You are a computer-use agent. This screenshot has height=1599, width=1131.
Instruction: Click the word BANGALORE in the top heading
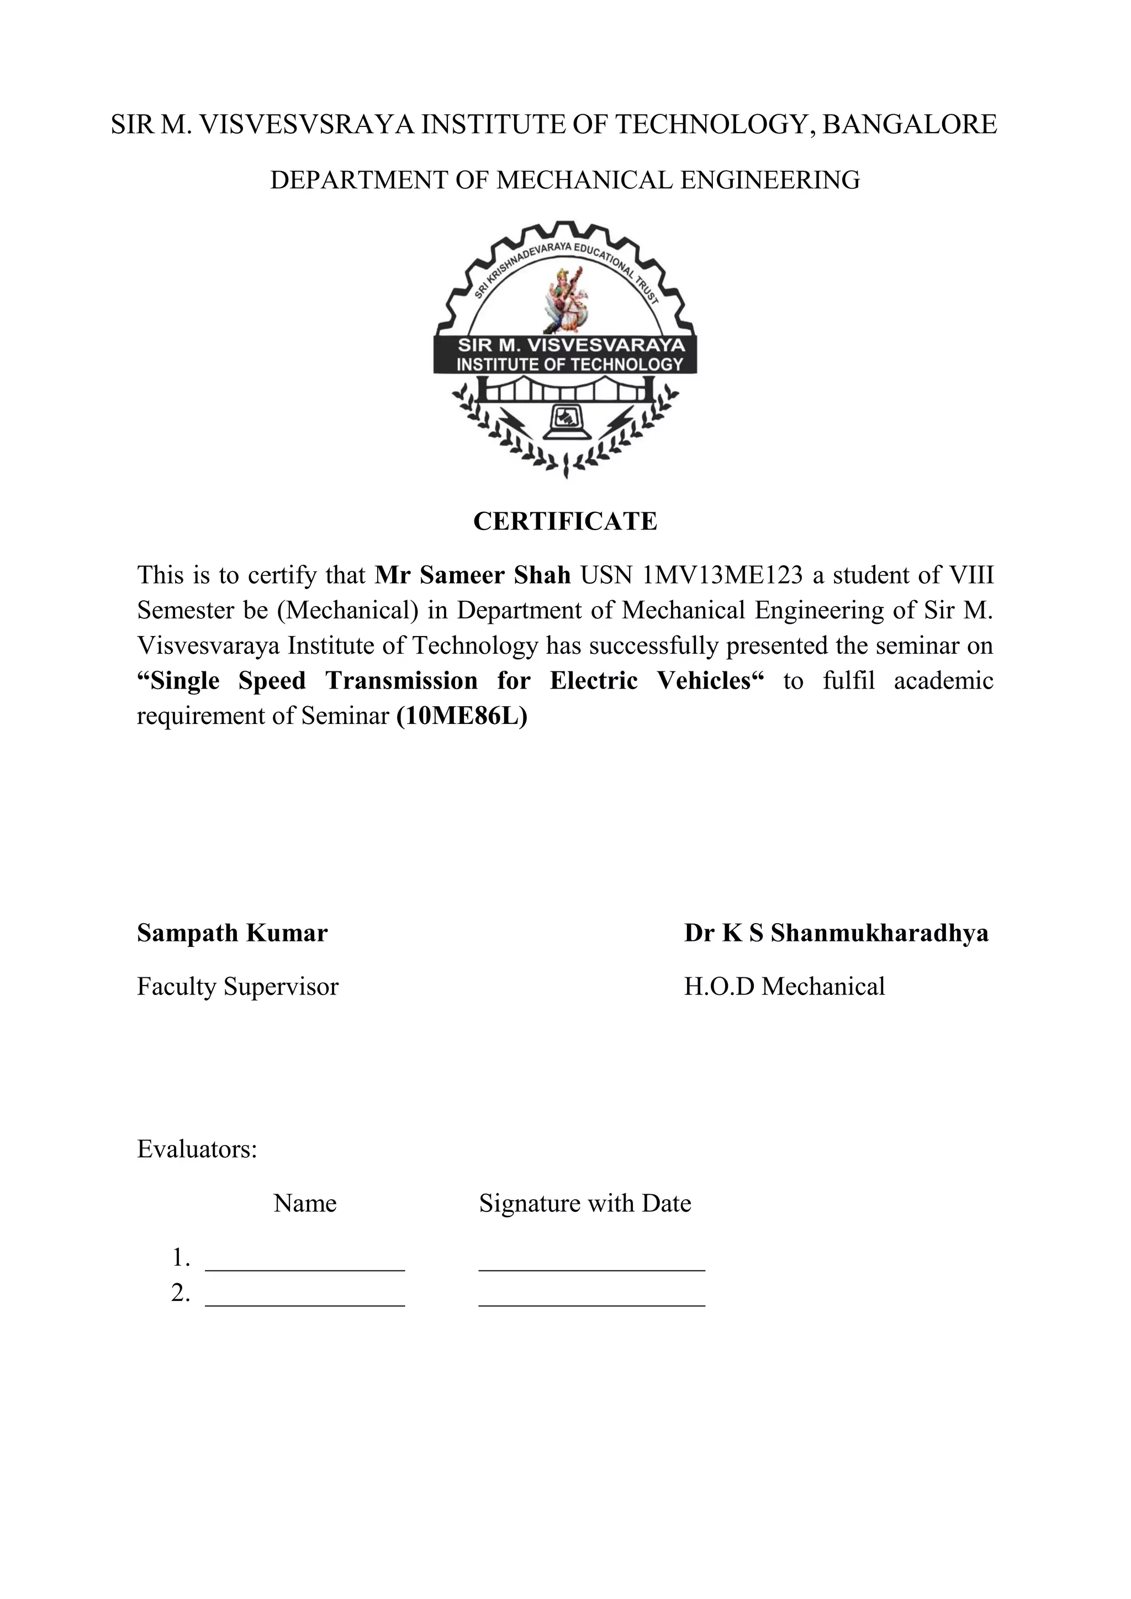point(910,125)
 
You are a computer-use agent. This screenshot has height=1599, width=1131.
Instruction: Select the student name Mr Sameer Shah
point(472,575)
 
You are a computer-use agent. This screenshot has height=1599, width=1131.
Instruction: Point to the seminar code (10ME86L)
point(462,716)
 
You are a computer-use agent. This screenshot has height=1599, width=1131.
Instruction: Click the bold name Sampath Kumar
point(232,933)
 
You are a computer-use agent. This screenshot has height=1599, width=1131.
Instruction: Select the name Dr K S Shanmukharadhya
point(836,933)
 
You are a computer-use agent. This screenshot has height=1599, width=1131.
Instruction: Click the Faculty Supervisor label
point(237,986)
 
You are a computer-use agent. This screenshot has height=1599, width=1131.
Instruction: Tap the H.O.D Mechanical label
point(784,986)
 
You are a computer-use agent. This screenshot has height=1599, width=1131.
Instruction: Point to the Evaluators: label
point(197,1149)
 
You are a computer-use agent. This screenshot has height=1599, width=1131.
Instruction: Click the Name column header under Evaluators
point(305,1204)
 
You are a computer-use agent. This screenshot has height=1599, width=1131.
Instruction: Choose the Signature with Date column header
point(585,1204)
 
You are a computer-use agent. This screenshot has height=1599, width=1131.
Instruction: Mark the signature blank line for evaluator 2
point(592,1304)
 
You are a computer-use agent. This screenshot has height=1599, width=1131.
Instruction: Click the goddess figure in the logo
point(565,299)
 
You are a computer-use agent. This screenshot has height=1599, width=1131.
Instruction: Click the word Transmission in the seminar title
point(401,680)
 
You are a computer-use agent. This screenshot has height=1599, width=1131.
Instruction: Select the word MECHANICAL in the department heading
point(584,181)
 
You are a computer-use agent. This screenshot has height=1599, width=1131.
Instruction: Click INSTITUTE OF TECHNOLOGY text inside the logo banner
point(570,364)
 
